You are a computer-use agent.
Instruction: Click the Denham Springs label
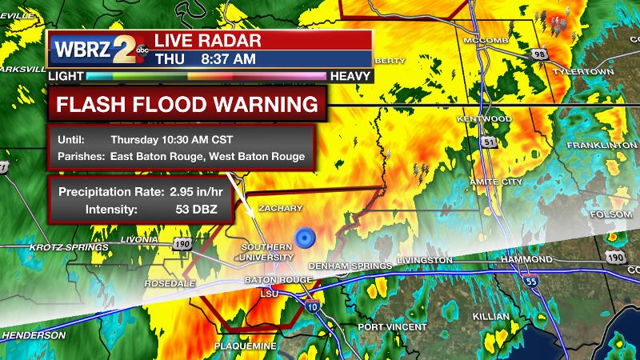click(x=341, y=265)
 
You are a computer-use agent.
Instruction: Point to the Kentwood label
click(x=483, y=119)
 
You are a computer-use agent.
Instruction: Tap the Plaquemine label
click(x=245, y=346)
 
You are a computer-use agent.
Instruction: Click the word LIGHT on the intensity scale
click(x=66, y=75)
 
